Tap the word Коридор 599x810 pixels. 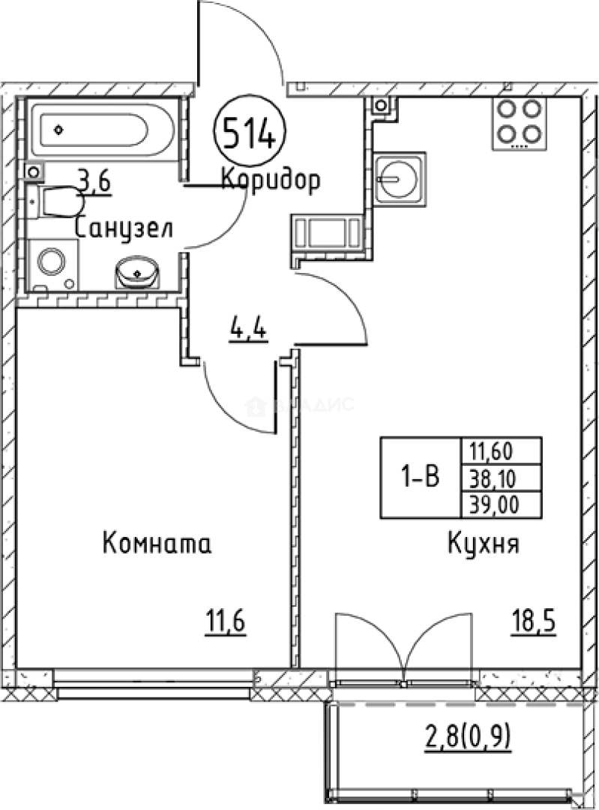[271, 180]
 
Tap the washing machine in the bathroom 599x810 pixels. [53, 264]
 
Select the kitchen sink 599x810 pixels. [399, 178]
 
